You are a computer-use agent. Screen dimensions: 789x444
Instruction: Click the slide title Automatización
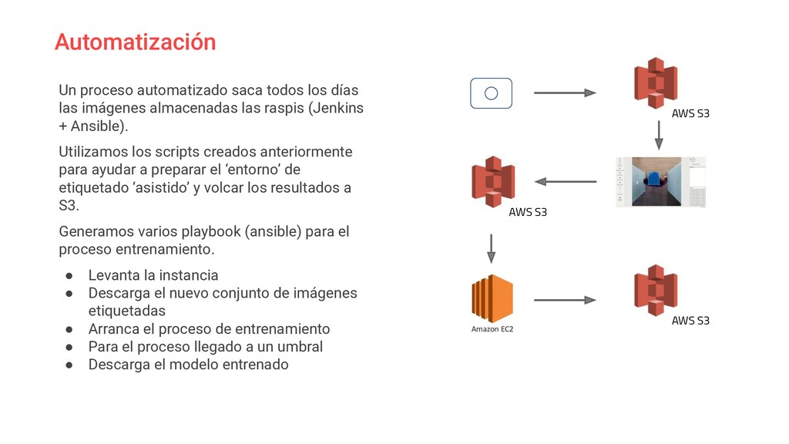coord(135,42)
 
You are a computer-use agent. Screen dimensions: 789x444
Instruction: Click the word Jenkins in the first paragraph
coord(338,108)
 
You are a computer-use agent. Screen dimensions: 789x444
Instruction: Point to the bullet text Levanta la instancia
coord(153,275)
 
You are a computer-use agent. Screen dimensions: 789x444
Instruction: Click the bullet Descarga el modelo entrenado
coord(188,365)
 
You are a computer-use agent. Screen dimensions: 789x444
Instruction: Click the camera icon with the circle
coord(491,93)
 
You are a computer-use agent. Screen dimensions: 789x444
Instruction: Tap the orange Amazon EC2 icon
coord(492,298)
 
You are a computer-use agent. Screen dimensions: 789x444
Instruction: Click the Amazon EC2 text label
coord(492,329)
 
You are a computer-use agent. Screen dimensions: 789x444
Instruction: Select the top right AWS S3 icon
coord(655,82)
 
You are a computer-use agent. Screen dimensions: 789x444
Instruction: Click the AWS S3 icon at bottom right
coord(655,290)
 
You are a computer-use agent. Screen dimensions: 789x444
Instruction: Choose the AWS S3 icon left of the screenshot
coord(492,182)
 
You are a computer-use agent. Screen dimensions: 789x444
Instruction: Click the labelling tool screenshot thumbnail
coord(660,182)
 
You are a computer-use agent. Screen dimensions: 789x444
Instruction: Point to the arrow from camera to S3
coord(565,93)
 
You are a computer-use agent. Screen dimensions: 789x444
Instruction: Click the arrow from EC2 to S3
coord(565,300)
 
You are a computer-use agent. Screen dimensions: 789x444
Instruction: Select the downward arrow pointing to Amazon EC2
coord(492,247)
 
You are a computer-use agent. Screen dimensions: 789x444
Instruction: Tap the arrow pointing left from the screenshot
coord(565,182)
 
